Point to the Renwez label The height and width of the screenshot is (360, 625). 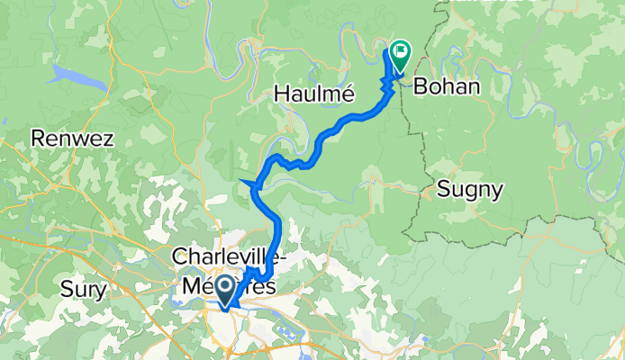(x=66, y=139)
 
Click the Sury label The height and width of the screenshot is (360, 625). (x=83, y=290)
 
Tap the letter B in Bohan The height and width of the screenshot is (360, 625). (x=420, y=87)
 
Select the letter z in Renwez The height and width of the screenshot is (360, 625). (x=95, y=139)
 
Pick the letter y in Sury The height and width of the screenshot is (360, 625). (x=101, y=292)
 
